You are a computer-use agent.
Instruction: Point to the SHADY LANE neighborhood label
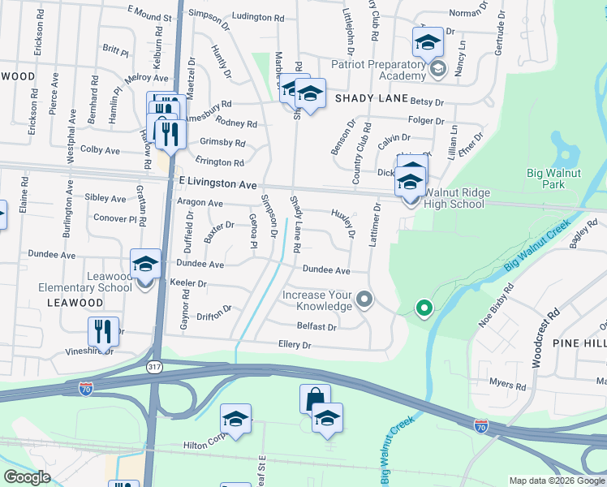tap(371, 97)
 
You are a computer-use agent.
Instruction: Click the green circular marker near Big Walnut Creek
tap(423, 308)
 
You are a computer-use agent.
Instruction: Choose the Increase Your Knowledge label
tap(317, 300)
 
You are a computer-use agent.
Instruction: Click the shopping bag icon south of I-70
tap(315, 399)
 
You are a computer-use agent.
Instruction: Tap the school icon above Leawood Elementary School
tap(145, 264)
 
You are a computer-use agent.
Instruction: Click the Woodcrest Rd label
tap(544, 337)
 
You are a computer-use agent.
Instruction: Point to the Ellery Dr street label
tap(295, 345)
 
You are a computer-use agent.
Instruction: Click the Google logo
tap(27, 477)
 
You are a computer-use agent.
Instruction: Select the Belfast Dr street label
tap(316, 327)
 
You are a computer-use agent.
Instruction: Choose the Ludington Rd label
tap(257, 16)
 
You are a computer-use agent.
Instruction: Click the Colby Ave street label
tap(100, 150)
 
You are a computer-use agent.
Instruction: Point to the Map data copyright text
tap(557, 481)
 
